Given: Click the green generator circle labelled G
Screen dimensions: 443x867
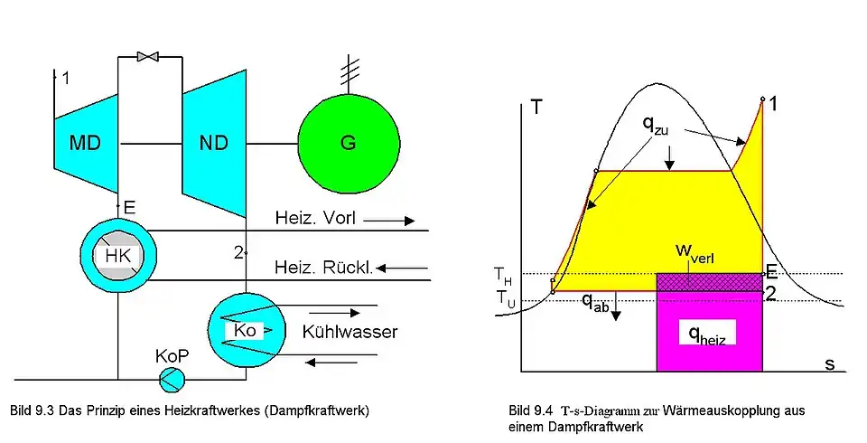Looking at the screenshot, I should click(x=349, y=143).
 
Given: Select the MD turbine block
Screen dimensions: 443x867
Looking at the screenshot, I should click(x=87, y=143).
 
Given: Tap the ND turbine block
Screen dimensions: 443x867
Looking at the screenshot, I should click(x=215, y=143).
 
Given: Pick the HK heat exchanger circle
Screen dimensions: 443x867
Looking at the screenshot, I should click(x=118, y=256).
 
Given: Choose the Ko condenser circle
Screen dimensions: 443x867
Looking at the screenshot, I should click(x=245, y=330).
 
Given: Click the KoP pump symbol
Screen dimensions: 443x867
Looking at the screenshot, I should click(x=171, y=381).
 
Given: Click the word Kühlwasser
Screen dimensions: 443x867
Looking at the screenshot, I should click(x=350, y=332).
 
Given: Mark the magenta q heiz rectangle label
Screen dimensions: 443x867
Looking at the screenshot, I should click(x=708, y=335).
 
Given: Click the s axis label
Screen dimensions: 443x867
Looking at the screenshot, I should click(x=829, y=363).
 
